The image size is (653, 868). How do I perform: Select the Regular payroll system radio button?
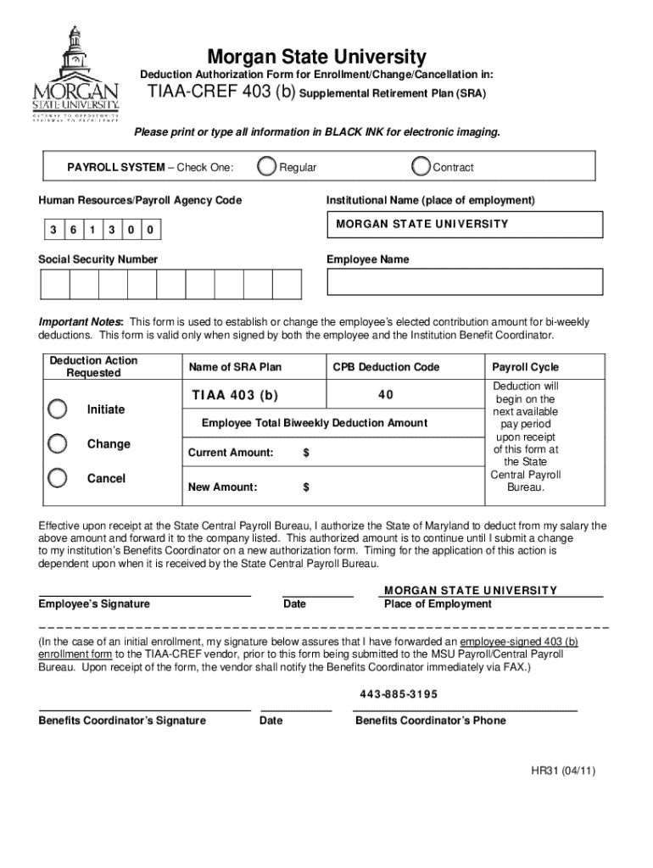tap(267, 167)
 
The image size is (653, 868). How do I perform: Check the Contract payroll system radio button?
tap(421, 167)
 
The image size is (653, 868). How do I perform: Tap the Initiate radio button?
tap(58, 409)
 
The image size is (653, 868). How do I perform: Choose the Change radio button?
tap(58, 444)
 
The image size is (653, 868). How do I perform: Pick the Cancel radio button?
tap(58, 478)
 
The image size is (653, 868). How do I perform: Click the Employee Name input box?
tap(465, 281)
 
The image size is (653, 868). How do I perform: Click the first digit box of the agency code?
tap(53, 230)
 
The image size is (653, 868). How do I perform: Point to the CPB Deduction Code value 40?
tap(385, 395)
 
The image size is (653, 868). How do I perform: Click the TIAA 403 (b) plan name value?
tap(235, 395)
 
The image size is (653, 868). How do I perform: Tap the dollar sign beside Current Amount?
tap(306, 453)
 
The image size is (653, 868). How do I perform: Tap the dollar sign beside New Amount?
tap(306, 487)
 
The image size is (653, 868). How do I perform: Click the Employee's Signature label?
tap(94, 604)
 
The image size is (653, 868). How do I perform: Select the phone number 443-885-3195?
tap(399, 694)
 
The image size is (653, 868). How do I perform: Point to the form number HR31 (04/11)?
tap(563, 771)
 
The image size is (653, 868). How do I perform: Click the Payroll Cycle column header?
tap(525, 367)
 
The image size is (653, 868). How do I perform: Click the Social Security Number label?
tap(98, 259)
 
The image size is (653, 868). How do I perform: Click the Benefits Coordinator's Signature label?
tap(122, 721)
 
